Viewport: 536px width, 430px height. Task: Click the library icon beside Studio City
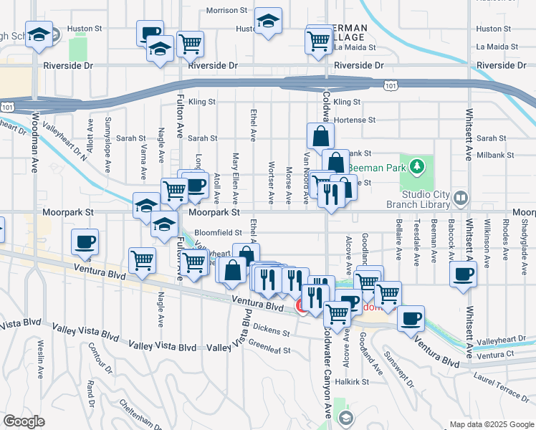(461, 196)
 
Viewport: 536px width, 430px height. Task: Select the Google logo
(24, 421)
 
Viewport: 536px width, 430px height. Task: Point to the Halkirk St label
(355, 382)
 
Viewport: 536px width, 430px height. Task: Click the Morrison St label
(226, 11)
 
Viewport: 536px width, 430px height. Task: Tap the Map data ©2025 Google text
(491, 424)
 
